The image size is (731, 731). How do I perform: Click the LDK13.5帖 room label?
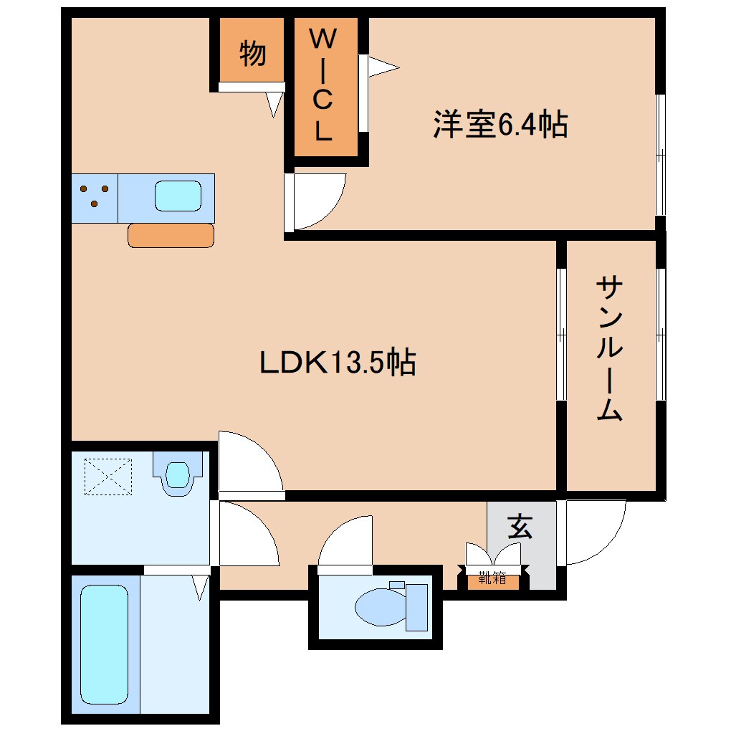338,363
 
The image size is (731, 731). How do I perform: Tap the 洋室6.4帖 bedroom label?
500,125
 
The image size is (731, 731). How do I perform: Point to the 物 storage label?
252,54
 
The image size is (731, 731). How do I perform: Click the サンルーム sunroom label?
608,348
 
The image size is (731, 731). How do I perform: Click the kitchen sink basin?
177,196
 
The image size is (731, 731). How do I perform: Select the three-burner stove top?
95,196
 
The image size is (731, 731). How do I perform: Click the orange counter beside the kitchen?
171,235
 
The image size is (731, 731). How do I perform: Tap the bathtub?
105,644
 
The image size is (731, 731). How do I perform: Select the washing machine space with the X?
109,476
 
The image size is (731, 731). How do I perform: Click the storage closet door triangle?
274,104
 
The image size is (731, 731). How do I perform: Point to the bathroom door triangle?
200,586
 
